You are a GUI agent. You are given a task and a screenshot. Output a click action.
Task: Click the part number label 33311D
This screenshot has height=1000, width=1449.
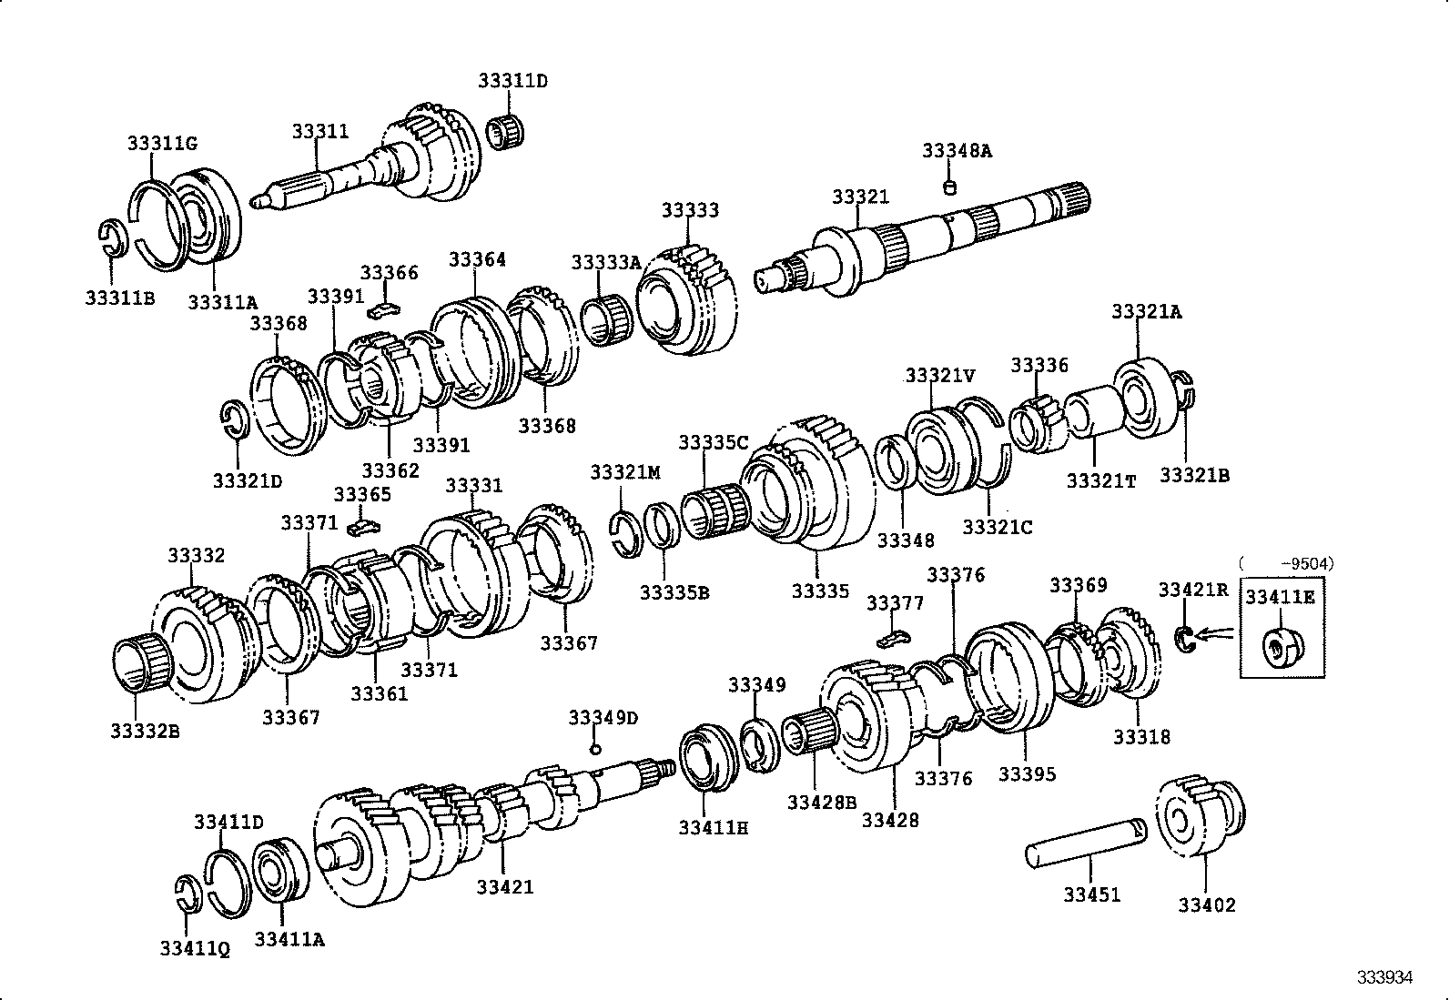tap(512, 81)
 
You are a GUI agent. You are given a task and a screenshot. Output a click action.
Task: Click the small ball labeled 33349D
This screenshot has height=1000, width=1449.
tap(595, 749)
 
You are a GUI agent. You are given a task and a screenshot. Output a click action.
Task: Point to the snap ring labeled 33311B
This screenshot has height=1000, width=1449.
tap(110, 237)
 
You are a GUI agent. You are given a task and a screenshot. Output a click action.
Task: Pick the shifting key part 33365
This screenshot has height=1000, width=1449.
tap(365, 526)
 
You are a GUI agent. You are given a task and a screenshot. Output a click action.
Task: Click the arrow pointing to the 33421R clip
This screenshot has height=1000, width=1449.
tap(1215, 634)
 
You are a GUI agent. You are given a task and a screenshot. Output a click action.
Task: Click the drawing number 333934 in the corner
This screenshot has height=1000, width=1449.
tap(1384, 977)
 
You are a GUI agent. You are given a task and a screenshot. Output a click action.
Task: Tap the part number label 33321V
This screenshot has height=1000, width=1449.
tap(940, 375)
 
